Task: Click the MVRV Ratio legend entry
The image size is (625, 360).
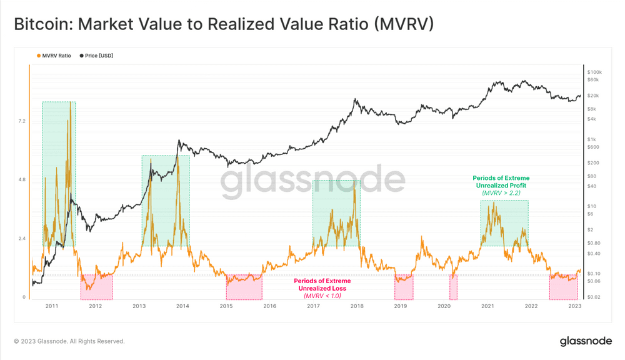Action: [x=55, y=56]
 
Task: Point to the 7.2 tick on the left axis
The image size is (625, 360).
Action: [x=20, y=121]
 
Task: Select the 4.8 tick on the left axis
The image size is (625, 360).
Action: [x=20, y=180]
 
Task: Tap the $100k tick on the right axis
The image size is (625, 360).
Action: [x=595, y=72]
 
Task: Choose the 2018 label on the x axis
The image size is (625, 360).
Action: [x=357, y=306]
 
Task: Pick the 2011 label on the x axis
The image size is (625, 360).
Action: [x=52, y=306]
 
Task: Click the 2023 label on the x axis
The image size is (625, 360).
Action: [x=575, y=306]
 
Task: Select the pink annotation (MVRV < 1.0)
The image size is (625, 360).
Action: [x=322, y=296]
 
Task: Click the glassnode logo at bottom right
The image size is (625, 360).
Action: [x=585, y=341]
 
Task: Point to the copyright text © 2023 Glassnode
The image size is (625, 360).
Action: [x=69, y=341]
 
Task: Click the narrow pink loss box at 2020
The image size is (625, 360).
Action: [x=453, y=287]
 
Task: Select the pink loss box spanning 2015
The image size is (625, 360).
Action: [x=244, y=287]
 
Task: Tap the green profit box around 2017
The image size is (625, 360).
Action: [x=336, y=212]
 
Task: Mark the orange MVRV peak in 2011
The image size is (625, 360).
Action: [x=70, y=103]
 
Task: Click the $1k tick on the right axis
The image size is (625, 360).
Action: [x=594, y=139]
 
